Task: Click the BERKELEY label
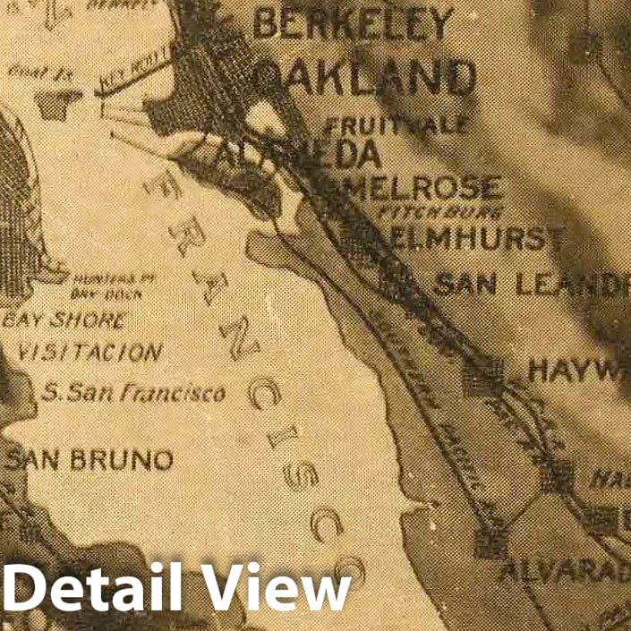tap(353, 24)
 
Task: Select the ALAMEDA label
tap(299, 154)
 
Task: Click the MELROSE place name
tap(424, 188)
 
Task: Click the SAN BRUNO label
tap(90, 460)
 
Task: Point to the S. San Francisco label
tap(134, 391)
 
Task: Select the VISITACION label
tap(90, 352)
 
